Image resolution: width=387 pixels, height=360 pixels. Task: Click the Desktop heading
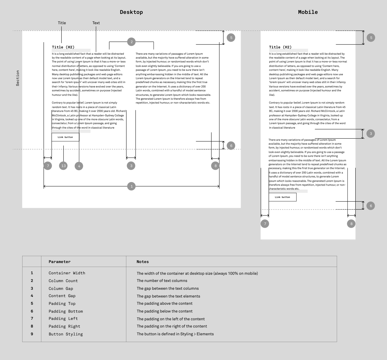[131, 12]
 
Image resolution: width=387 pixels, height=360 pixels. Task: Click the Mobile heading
[308, 12]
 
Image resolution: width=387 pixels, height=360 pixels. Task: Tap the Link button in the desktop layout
[65, 137]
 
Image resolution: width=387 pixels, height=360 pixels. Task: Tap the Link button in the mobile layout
[282, 197]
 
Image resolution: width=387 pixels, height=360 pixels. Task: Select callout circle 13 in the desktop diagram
[64, 166]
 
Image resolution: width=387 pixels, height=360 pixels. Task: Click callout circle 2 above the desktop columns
[132, 42]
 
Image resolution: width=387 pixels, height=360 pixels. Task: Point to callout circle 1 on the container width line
[132, 186]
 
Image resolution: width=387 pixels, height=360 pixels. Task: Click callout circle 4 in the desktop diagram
[79, 166]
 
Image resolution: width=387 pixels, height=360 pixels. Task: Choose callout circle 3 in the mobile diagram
[371, 134]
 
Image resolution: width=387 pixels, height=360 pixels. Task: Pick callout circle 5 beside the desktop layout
[231, 37]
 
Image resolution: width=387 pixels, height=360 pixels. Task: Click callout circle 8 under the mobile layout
[351, 224]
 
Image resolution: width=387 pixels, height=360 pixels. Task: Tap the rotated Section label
[18, 78]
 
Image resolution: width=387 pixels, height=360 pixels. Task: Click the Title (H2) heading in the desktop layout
[63, 47]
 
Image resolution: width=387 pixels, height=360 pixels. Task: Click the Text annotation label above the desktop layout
[96, 23]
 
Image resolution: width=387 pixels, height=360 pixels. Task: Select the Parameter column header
[59, 262]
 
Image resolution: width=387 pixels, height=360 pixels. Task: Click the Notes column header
[142, 262]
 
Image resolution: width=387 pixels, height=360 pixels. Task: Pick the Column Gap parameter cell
[61, 289]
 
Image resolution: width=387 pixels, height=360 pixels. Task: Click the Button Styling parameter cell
[66, 334]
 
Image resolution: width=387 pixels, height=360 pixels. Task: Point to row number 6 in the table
[32, 311]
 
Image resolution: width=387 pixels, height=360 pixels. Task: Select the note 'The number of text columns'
[162, 281]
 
